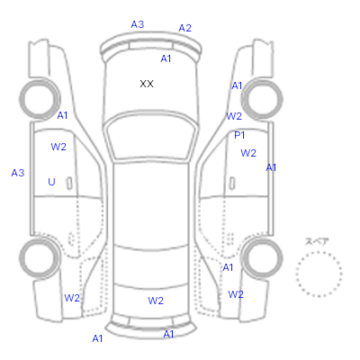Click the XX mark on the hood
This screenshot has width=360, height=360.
[147, 84]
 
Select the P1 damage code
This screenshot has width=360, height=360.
[239, 135]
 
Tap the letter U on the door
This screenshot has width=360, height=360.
[51, 182]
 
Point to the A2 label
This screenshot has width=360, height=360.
[184, 28]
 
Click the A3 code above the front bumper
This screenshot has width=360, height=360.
[138, 24]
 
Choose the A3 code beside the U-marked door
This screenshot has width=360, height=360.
[18, 173]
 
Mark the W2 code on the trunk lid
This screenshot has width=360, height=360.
[156, 301]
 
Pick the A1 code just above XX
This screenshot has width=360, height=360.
[166, 58]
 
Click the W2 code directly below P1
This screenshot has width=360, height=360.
[248, 153]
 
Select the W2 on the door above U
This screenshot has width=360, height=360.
[58, 147]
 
